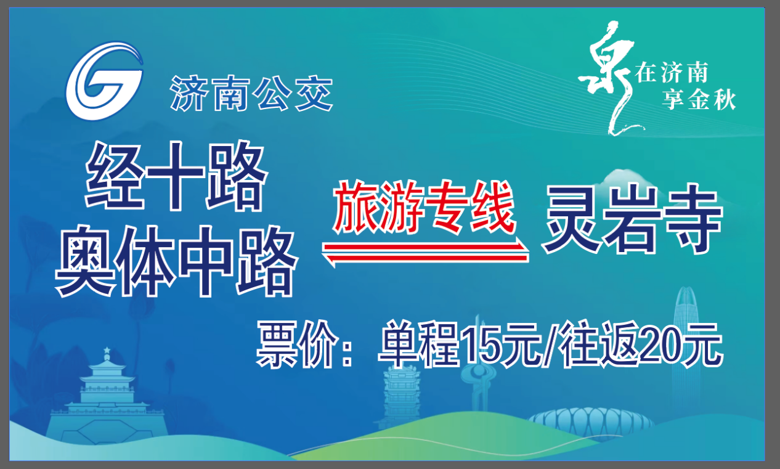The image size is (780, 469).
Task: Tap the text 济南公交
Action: pos(251,94)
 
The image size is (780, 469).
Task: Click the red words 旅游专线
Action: pos(424,206)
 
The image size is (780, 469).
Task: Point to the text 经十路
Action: pos(176,176)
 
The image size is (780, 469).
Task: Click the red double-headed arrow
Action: pos(425,252)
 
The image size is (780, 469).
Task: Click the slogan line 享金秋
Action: pos(699,100)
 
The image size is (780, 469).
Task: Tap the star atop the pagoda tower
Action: pos(107,349)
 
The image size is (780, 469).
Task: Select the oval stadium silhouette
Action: pos(591,422)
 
